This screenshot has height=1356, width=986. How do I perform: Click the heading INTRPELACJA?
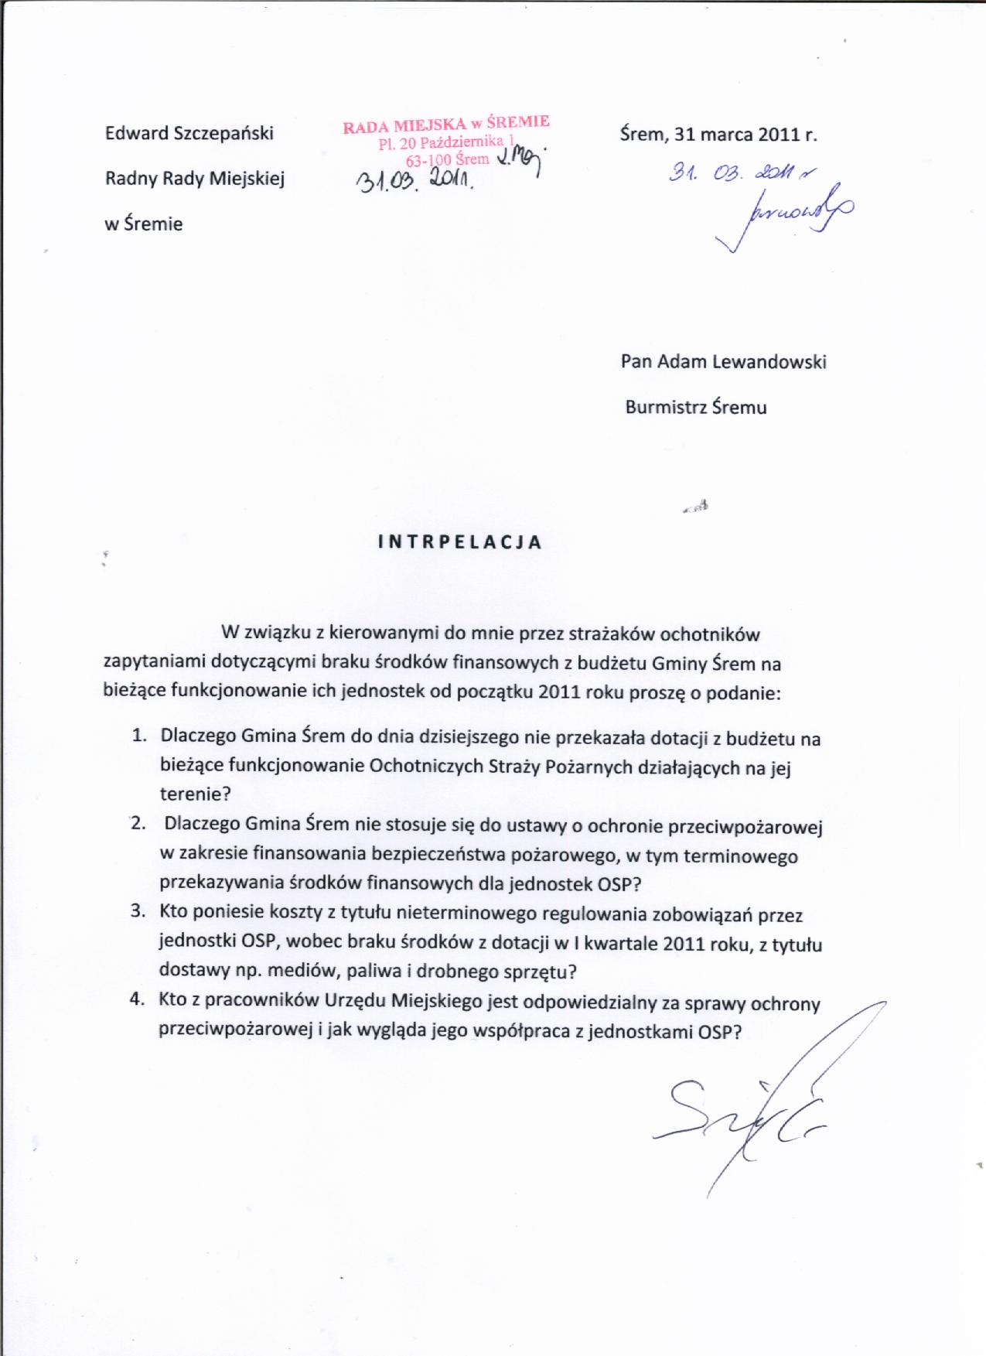(x=459, y=541)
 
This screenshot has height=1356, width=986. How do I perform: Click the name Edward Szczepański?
(x=189, y=133)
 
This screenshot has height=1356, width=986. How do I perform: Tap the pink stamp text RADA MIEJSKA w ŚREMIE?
(x=446, y=124)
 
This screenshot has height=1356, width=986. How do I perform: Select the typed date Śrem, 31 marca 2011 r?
(x=718, y=134)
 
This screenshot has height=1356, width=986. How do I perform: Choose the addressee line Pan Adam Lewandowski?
(x=723, y=362)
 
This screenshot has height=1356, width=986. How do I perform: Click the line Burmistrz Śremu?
(x=696, y=407)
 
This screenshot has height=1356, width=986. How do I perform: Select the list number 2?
(x=138, y=824)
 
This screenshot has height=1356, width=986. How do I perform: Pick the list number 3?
(x=138, y=913)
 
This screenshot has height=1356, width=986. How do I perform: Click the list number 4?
(x=138, y=999)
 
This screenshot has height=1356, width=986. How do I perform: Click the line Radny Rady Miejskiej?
(x=195, y=179)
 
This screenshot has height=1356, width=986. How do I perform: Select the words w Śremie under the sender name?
(x=144, y=225)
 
